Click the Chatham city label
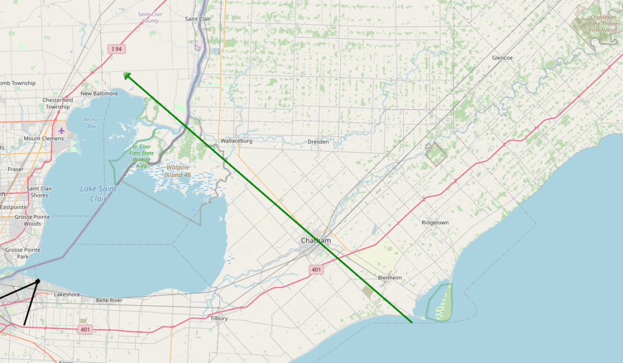click(x=316, y=241)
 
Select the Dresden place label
click(x=319, y=142)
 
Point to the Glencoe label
click(x=502, y=58)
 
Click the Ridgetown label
click(x=435, y=223)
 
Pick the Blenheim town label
click(x=390, y=278)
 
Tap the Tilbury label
click(x=219, y=318)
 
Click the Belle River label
click(x=110, y=300)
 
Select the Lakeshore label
click(x=68, y=294)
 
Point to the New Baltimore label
click(x=99, y=94)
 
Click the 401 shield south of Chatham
click(x=316, y=269)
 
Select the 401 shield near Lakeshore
click(x=85, y=330)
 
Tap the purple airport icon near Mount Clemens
click(x=61, y=130)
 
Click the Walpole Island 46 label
click(x=178, y=170)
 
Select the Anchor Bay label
click(x=92, y=123)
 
